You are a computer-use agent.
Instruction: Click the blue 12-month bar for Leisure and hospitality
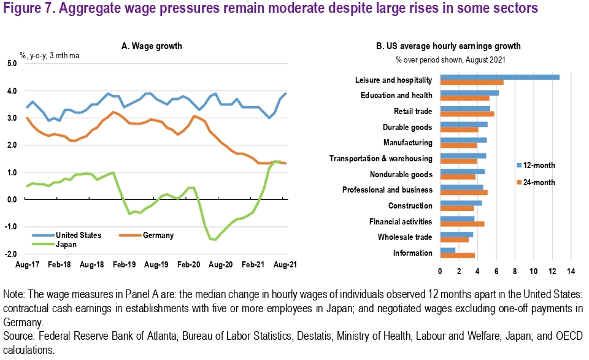[x=499, y=77]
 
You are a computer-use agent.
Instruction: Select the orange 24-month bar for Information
[x=457, y=255]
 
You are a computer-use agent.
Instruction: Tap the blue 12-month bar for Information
[x=447, y=250]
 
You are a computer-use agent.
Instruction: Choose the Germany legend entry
[x=157, y=235]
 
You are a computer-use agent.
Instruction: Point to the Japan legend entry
[x=66, y=243]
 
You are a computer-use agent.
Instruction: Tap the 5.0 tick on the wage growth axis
[x=12, y=64]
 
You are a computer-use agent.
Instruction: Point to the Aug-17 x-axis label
[x=26, y=265]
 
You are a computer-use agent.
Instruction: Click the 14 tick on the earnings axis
[x=571, y=271]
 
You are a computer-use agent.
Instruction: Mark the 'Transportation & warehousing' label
[x=380, y=158]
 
